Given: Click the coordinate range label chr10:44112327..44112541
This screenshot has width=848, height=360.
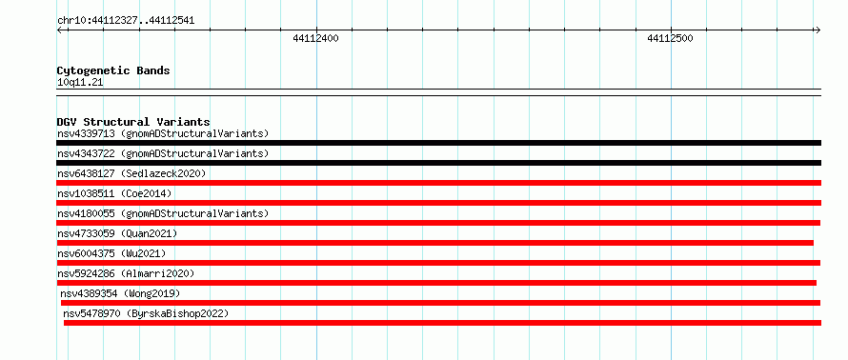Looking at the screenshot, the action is [126, 21].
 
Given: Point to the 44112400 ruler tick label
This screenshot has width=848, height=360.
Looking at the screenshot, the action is [315, 38].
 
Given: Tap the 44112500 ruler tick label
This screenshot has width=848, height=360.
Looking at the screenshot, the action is [670, 38].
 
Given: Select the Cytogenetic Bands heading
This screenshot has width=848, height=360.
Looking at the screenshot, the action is [113, 70].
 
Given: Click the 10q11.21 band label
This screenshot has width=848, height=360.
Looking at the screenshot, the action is [80, 83].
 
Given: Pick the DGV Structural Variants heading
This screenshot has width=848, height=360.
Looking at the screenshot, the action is [133, 122].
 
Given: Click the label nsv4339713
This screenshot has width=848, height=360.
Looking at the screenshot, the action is [86, 133].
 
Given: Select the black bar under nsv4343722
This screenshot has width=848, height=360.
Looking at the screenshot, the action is [438, 163].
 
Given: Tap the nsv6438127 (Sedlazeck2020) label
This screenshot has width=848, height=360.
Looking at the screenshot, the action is [131, 173].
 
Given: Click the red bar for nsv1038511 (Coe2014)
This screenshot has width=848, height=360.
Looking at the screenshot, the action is [438, 203].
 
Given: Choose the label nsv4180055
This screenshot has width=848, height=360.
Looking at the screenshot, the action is [86, 213].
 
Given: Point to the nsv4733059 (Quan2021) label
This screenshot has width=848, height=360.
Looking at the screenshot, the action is [117, 233].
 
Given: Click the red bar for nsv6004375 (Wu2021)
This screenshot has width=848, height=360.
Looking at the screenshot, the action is [438, 263].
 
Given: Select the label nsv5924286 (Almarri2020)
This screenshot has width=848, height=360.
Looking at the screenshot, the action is [126, 273].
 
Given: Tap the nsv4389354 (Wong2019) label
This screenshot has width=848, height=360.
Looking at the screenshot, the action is [120, 293].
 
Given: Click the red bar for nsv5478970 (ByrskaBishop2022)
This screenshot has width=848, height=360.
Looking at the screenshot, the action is [442, 323].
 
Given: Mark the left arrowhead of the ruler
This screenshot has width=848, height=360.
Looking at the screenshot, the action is [59, 30].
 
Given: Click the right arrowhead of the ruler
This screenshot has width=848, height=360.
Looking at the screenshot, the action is [818, 30].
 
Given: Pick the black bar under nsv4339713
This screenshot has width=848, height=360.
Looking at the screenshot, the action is [438, 143].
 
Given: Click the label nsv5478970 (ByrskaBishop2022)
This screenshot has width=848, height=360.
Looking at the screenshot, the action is [146, 313].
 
